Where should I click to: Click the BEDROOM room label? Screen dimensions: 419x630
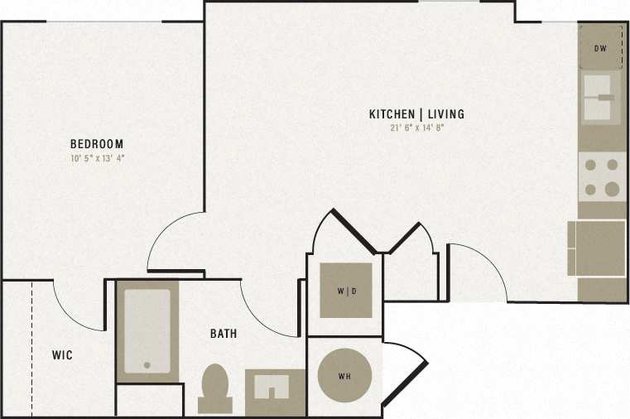(x=97, y=144)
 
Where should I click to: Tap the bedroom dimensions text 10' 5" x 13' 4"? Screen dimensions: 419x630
(x=97, y=157)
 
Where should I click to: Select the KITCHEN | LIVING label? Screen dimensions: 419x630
(x=416, y=114)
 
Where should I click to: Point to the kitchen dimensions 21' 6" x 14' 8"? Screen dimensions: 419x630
(x=416, y=128)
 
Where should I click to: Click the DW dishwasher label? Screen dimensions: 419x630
(x=601, y=48)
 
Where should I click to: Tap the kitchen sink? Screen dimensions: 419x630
(x=601, y=98)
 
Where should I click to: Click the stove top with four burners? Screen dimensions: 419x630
(x=601, y=177)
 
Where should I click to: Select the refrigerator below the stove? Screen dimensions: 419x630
(x=599, y=248)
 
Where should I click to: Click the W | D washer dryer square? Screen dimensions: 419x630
(x=346, y=291)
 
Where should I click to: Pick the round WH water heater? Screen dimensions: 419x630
(x=344, y=376)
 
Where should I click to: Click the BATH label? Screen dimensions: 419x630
(x=223, y=335)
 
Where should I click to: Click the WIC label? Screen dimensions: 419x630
(x=62, y=355)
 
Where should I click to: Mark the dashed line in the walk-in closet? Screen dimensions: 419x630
(x=32, y=348)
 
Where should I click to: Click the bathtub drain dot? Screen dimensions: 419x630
(x=147, y=364)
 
